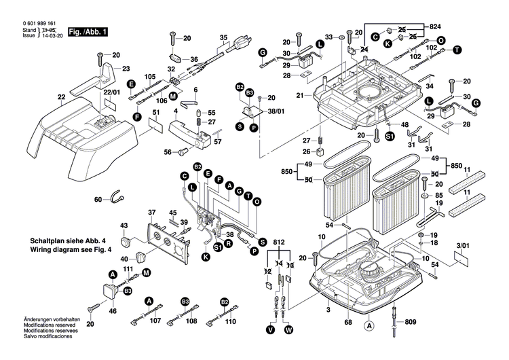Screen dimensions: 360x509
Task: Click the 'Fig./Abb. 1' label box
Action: pos(87,31)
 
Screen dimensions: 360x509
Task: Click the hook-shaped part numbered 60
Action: pos(117,198)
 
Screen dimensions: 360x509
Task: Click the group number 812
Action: pos(279,243)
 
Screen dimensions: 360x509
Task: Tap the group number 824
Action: pos(434,26)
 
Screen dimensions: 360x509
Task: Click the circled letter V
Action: pos(270,330)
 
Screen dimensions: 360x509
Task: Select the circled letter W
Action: pos(288,330)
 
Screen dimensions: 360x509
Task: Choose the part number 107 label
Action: pos(155,321)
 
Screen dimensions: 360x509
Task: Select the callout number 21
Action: pos(299,95)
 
